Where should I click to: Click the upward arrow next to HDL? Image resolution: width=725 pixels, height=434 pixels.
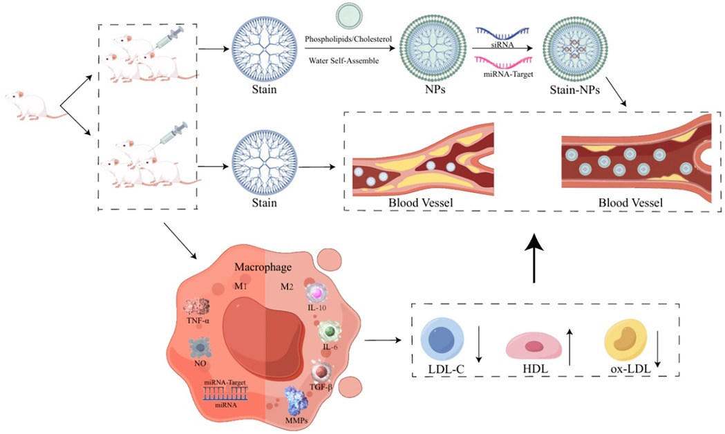pos(570,346)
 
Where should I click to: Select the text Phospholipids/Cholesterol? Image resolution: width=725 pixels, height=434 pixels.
pos(346,39)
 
